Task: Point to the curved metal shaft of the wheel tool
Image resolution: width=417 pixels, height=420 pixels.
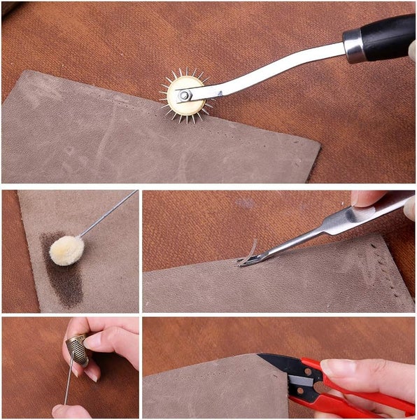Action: [280, 70]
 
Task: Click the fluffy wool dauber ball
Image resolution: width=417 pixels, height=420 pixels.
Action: [66, 249]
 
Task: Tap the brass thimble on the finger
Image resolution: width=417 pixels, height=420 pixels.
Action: [76, 351]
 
